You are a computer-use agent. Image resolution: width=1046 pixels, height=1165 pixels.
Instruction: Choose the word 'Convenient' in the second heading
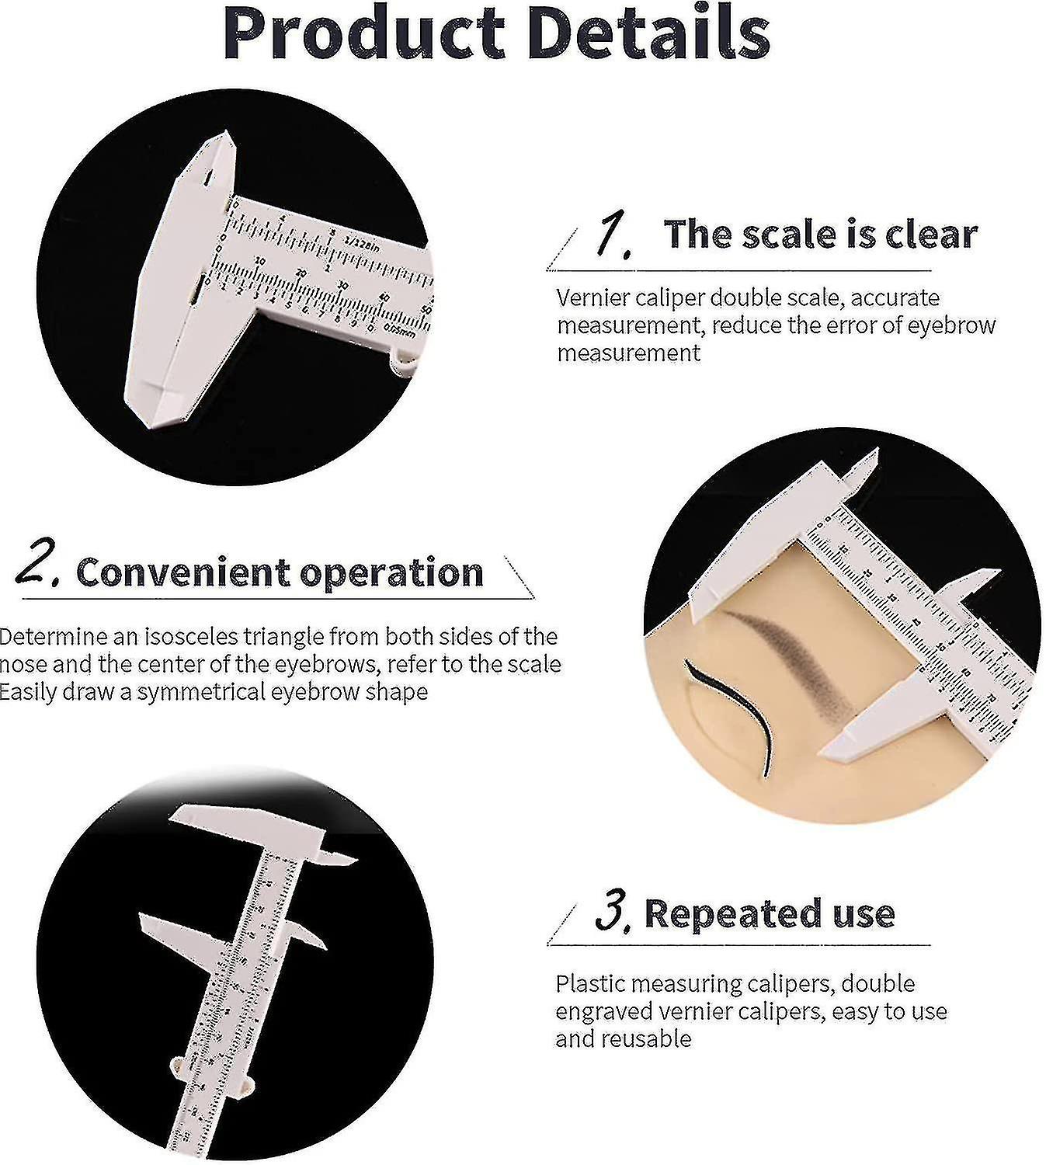coord(183,572)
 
